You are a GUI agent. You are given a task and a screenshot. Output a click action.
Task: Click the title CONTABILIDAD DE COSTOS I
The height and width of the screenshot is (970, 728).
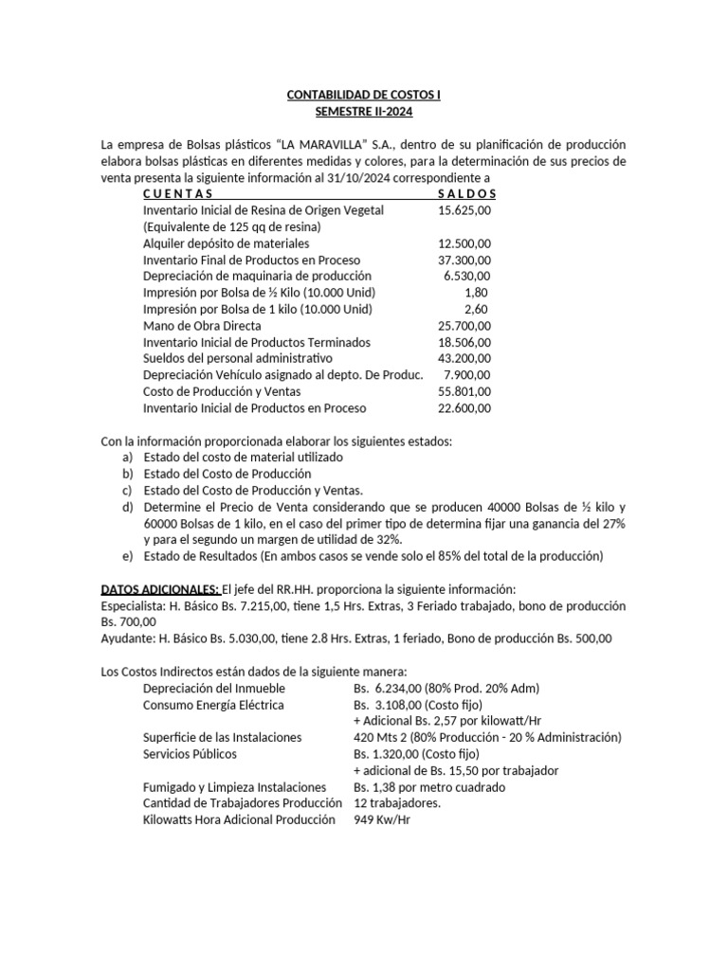[365, 95]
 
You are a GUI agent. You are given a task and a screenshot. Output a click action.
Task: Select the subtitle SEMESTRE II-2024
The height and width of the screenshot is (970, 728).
[365, 112]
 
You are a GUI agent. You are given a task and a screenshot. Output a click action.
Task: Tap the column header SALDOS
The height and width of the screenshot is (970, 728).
[467, 193]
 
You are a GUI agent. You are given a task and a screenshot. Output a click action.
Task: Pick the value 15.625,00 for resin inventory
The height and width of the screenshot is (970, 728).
[465, 209]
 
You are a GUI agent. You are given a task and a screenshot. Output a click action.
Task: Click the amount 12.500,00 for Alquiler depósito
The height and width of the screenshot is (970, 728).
[465, 242]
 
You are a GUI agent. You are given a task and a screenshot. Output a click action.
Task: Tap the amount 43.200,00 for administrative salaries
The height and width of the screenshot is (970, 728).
[465, 359]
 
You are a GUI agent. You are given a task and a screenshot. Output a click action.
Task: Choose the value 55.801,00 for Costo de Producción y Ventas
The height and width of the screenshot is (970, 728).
[465, 392]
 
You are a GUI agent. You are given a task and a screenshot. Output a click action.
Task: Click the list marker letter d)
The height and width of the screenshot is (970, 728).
[128, 507]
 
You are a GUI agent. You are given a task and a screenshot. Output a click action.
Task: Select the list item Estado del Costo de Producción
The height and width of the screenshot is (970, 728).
[227, 474]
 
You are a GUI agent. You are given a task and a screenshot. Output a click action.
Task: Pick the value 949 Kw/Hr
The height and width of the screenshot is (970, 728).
[382, 820]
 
